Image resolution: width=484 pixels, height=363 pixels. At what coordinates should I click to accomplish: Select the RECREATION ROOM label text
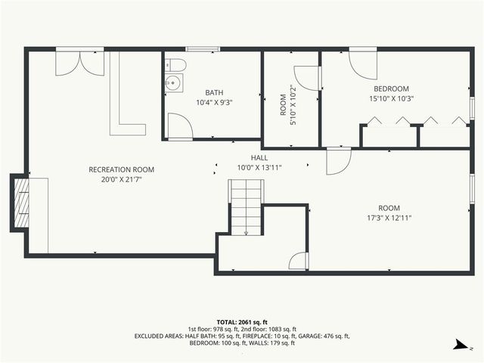(x=121, y=169)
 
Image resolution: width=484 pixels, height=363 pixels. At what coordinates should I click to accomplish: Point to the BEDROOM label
(x=390, y=88)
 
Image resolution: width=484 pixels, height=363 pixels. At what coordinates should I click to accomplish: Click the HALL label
(x=259, y=159)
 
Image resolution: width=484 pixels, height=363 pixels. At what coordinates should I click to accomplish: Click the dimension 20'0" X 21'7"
(x=121, y=179)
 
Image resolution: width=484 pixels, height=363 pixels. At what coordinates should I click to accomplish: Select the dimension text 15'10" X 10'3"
(x=390, y=98)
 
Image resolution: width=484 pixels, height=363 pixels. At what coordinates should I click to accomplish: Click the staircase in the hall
(x=246, y=206)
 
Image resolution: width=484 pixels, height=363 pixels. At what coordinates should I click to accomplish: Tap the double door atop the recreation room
(x=80, y=62)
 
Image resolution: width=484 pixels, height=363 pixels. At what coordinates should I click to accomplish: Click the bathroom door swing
(x=179, y=126)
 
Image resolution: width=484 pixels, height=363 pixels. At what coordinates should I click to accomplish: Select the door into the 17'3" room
(x=339, y=160)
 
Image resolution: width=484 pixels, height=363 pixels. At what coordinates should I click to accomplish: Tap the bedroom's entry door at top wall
(x=361, y=64)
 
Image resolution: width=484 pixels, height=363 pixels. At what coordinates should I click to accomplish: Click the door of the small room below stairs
(x=299, y=260)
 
